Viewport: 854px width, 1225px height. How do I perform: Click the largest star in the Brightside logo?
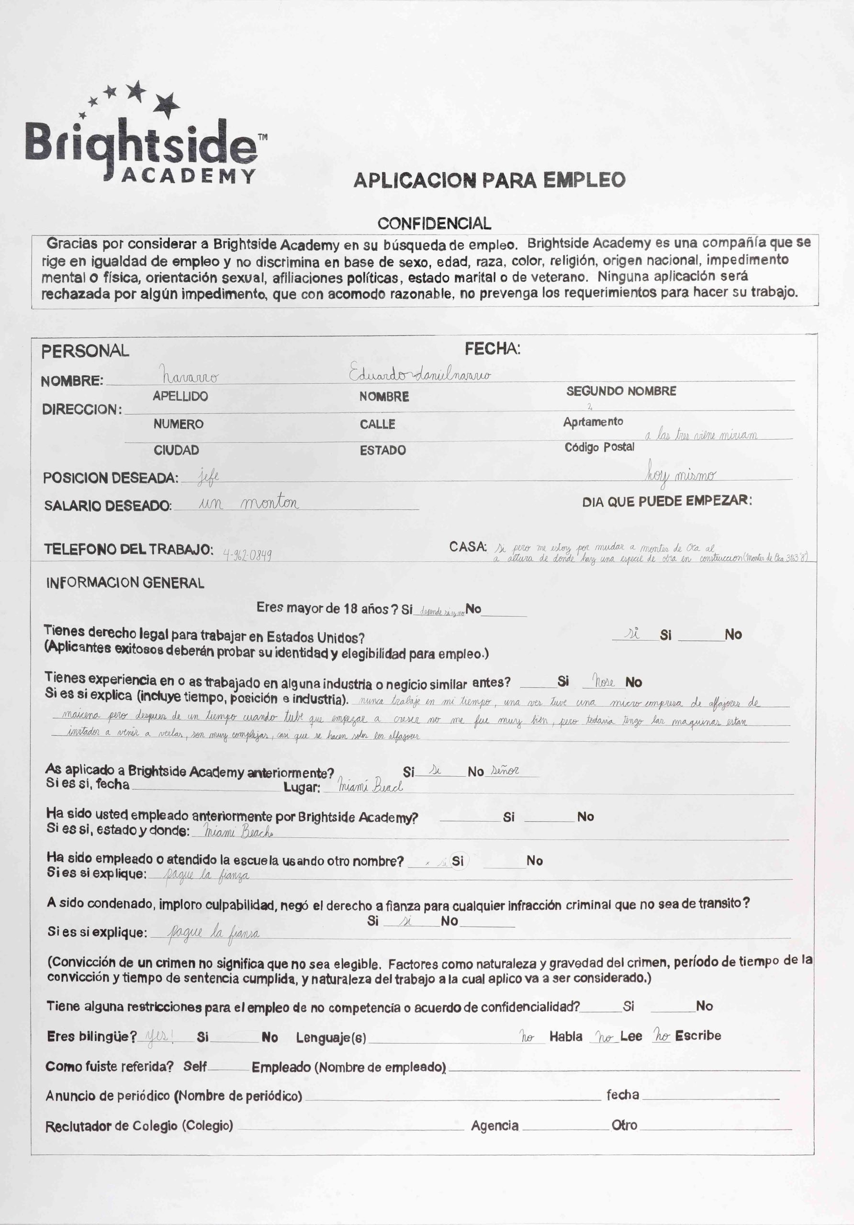[167, 104]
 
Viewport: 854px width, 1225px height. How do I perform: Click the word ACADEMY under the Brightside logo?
[189, 176]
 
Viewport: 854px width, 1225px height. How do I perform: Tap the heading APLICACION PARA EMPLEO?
[489, 180]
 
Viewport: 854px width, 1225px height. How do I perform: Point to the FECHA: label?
[492, 349]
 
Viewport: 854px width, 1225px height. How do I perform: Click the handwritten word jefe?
[208, 475]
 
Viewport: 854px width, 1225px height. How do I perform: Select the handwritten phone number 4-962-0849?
[247, 555]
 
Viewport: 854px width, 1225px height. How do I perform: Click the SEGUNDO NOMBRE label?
[621, 391]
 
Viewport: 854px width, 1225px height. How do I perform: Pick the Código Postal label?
[599, 447]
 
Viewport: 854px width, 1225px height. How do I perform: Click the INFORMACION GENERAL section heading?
[125, 583]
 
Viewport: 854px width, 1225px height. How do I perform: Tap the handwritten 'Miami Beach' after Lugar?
[371, 786]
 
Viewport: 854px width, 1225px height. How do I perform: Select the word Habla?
[566, 1036]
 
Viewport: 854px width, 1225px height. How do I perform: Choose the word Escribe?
[697, 1036]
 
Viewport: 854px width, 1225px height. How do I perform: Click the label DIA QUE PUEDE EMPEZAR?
[667, 501]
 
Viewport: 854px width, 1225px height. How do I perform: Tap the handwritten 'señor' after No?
[505, 770]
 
